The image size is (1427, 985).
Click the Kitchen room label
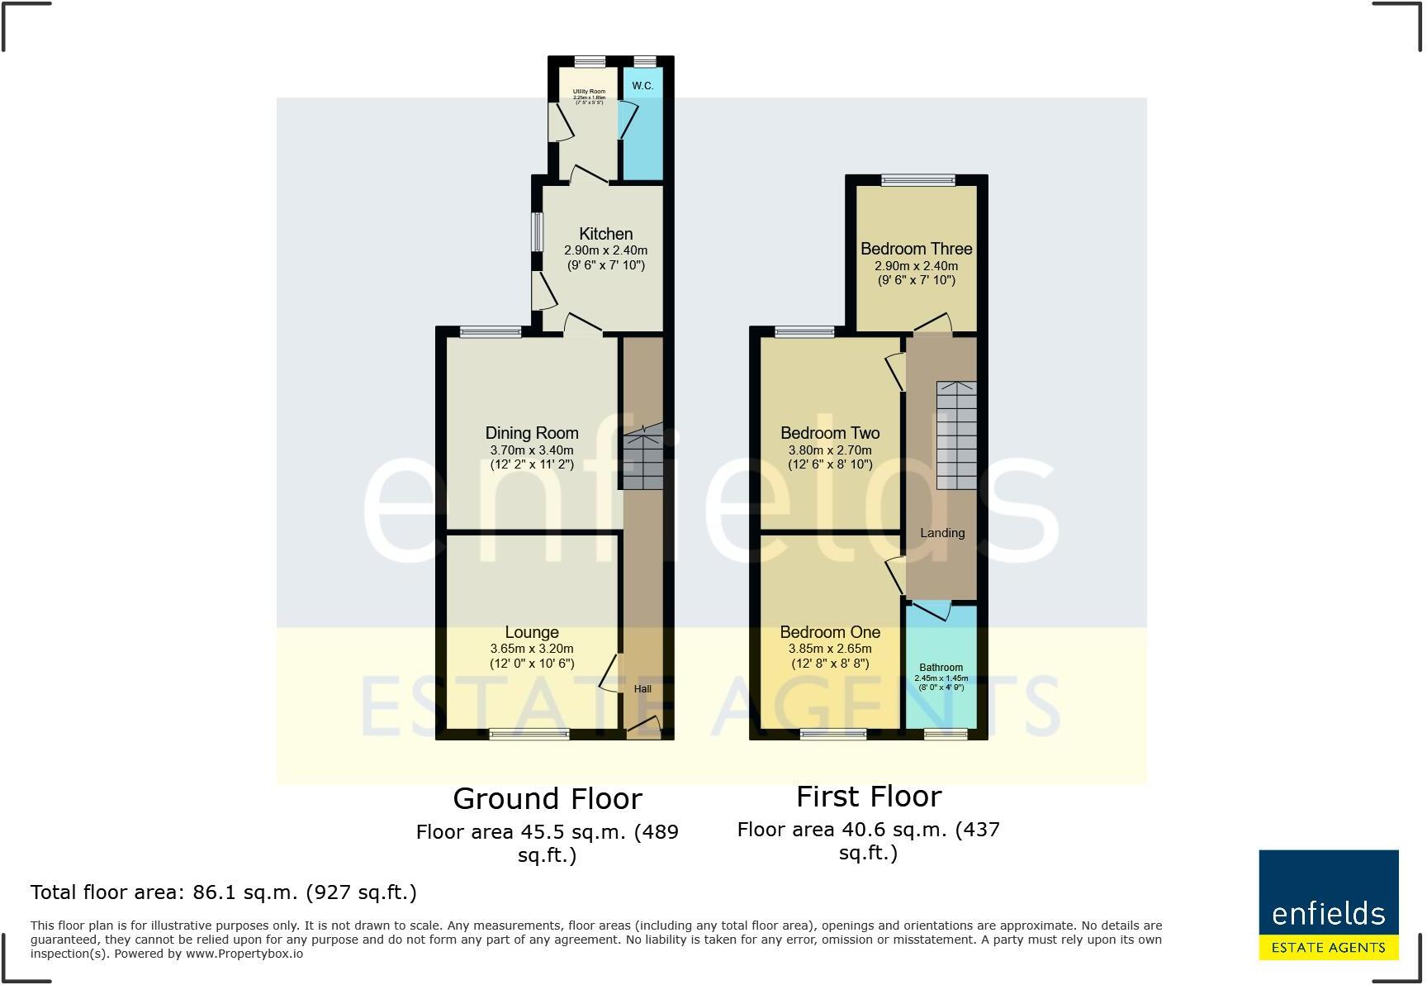(605, 234)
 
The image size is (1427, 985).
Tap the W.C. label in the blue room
(642, 86)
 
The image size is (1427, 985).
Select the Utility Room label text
(589, 92)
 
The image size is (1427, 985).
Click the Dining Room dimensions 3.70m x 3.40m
(531, 450)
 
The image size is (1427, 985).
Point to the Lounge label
(532, 633)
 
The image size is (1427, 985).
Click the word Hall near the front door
(642, 688)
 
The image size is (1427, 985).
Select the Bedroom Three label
(916, 249)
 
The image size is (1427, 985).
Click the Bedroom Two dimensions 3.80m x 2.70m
(830, 450)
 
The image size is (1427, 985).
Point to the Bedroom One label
(830, 632)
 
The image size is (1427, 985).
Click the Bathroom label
(941, 668)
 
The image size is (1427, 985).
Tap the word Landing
(942, 533)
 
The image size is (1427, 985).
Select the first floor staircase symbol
(956, 435)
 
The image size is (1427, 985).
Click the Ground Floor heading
(548, 799)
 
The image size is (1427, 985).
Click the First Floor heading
(869, 797)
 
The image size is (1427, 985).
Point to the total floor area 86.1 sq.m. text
(223, 892)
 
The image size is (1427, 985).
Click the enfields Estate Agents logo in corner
(1328, 905)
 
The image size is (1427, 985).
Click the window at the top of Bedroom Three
(917, 180)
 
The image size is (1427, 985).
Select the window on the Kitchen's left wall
(537, 232)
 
